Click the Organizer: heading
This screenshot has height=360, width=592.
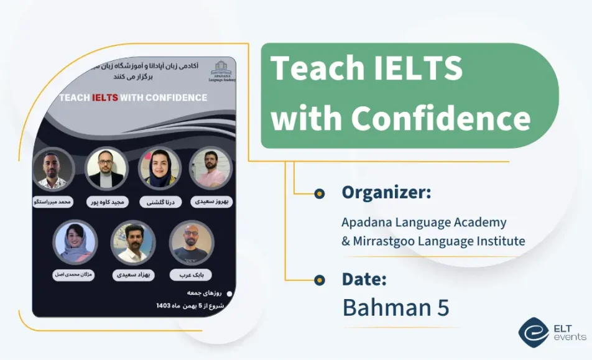tap(386, 193)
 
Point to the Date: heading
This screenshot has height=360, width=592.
tap(364, 279)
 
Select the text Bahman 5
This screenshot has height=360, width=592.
tap(395, 307)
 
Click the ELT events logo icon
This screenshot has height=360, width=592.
tap(534, 332)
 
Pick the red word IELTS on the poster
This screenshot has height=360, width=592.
tap(105, 98)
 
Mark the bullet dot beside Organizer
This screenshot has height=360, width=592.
tap(319, 193)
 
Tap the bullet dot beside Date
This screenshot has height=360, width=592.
tap(319, 280)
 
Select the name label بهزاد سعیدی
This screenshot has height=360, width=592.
tap(132, 274)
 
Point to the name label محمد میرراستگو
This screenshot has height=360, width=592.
tap(53, 202)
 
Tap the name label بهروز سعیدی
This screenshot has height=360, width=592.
tap(210, 202)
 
